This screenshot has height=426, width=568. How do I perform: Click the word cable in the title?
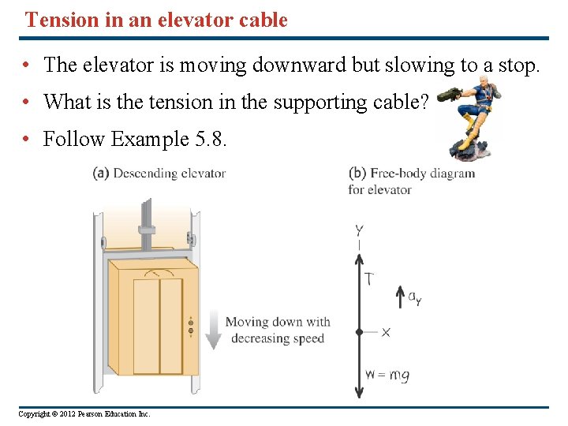click(x=261, y=21)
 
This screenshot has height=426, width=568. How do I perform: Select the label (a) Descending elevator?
click(x=159, y=174)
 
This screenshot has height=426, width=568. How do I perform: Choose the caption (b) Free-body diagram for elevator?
click(x=411, y=181)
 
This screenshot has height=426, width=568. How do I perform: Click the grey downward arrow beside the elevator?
click(x=212, y=329)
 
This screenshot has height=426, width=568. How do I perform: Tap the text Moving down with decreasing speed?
click(x=278, y=331)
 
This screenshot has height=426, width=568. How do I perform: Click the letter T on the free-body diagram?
click(x=368, y=278)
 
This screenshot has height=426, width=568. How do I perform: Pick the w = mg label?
click(x=387, y=376)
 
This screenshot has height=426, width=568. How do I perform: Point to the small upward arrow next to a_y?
click(x=399, y=297)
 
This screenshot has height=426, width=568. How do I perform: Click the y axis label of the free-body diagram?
click(x=360, y=230)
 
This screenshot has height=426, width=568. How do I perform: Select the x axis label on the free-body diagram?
click(x=385, y=332)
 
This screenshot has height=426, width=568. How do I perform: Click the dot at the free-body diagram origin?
click(x=360, y=332)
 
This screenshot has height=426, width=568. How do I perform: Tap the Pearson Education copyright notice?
click(x=84, y=414)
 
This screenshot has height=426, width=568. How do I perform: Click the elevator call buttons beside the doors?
click(x=190, y=326)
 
